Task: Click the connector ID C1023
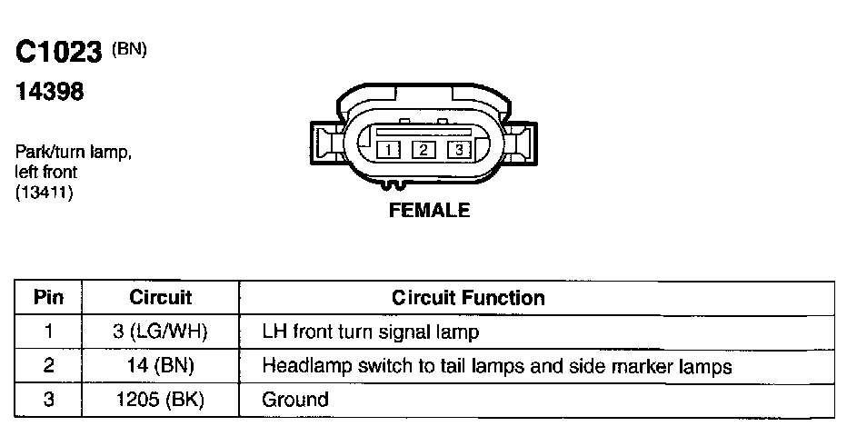click(58, 54)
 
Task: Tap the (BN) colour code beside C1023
click(129, 49)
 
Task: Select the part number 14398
click(50, 93)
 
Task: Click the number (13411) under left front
click(45, 193)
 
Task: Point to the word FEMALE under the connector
click(429, 211)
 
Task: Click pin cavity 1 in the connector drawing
click(387, 150)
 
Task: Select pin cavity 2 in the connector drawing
click(423, 150)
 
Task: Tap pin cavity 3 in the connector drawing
click(460, 150)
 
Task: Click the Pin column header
click(48, 297)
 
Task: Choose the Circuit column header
click(161, 297)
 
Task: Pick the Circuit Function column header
click(468, 297)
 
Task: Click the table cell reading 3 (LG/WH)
click(161, 332)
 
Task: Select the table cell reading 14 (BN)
click(161, 366)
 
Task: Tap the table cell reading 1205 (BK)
click(161, 400)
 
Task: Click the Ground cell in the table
click(295, 400)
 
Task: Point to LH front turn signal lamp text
click(370, 332)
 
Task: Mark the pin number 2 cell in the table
click(48, 366)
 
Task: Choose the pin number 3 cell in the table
click(48, 400)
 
